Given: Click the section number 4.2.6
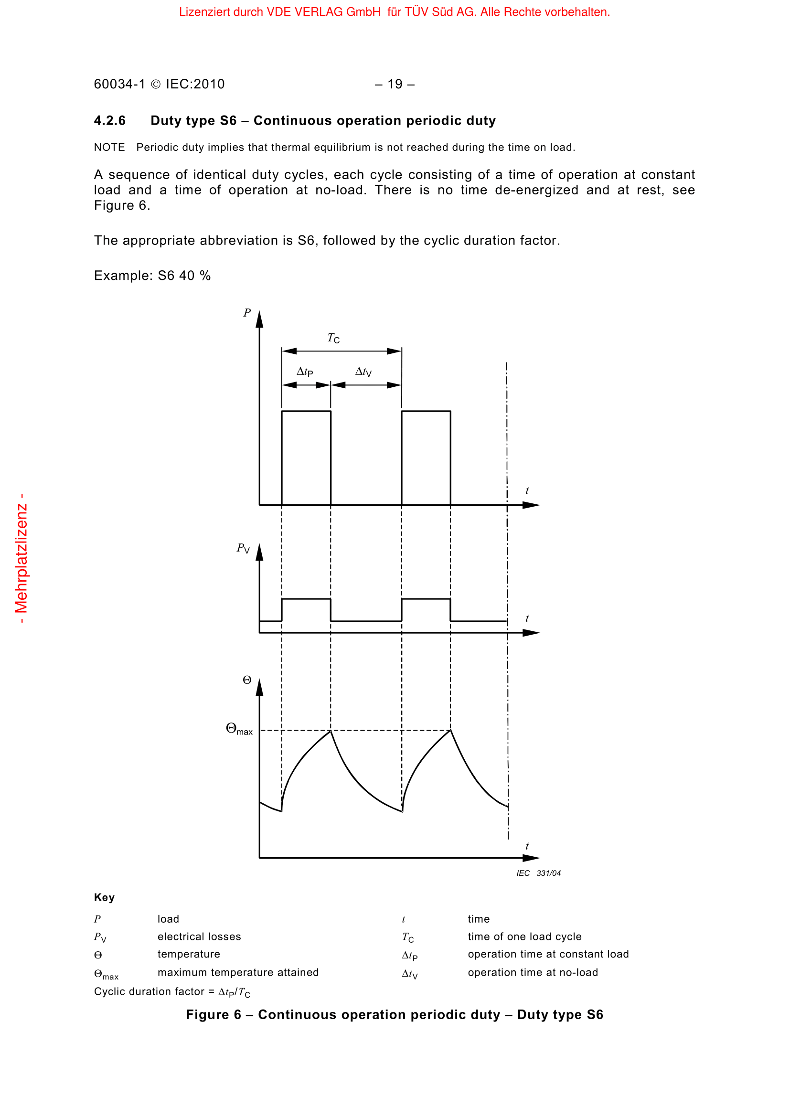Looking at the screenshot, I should click(x=109, y=121).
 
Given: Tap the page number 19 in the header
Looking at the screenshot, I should click(x=395, y=84).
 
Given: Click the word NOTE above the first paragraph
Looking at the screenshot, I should click(x=109, y=148).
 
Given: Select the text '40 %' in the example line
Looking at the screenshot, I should click(x=194, y=276).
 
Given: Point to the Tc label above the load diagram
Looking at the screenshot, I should click(x=333, y=338).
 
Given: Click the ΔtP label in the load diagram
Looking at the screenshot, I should click(x=305, y=372).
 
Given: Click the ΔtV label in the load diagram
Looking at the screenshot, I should click(x=363, y=372).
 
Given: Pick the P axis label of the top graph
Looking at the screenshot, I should click(x=247, y=313).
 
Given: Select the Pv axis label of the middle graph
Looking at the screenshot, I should click(x=243, y=548).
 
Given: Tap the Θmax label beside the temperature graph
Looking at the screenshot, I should click(x=239, y=729).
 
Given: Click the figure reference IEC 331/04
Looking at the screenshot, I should click(x=538, y=873).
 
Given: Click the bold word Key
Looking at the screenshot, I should click(x=104, y=898).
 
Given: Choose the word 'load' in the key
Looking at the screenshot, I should click(x=168, y=919).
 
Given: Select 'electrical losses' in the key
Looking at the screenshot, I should click(x=199, y=936).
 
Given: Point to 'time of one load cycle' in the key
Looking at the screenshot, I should click(x=524, y=936).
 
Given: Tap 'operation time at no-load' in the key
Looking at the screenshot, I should click(x=533, y=972).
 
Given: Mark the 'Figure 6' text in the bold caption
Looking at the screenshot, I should click(x=214, y=1015).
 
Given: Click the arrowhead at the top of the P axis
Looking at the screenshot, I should click(x=259, y=319).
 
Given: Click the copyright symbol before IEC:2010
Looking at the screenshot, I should click(x=156, y=85).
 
